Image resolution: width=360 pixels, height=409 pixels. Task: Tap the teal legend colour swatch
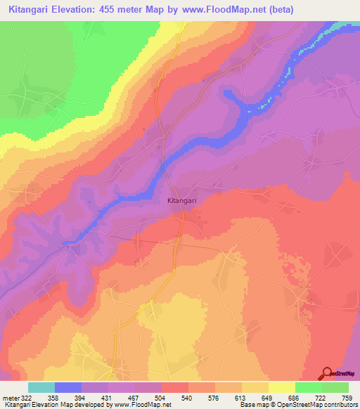click(41, 387)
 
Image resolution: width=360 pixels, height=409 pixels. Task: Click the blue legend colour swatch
click(68, 387)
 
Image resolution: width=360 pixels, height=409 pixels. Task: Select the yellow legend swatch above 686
click(282, 387)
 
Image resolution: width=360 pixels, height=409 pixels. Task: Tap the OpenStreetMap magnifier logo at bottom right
click(327, 373)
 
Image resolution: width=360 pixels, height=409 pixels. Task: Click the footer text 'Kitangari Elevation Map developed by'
click(46, 405)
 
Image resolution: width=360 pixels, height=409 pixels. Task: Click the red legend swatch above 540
click(174, 387)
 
